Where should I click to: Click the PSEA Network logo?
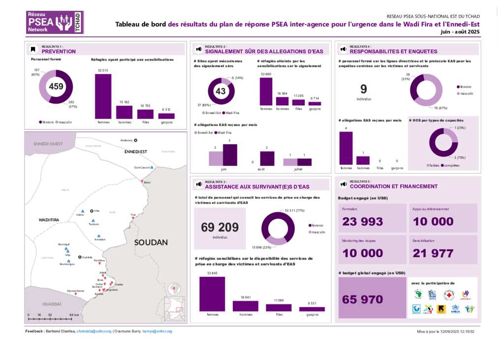point(55,22)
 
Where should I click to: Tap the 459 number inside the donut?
point(56,87)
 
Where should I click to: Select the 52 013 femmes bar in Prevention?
point(103,96)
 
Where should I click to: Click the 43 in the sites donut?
point(220,91)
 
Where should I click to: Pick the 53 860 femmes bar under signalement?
point(266,91)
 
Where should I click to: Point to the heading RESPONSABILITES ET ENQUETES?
point(393,51)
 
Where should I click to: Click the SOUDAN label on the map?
point(151,242)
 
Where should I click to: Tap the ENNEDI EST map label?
point(135,152)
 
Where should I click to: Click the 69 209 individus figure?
point(220,227)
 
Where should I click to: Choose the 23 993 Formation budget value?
point(362,221)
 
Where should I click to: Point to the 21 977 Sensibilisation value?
point(433,253)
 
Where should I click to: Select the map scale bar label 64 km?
point(74,315)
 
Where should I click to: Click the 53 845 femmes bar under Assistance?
point(212,294)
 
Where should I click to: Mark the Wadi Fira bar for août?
point(267,158)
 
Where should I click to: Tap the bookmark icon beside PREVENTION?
point(33,49)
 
